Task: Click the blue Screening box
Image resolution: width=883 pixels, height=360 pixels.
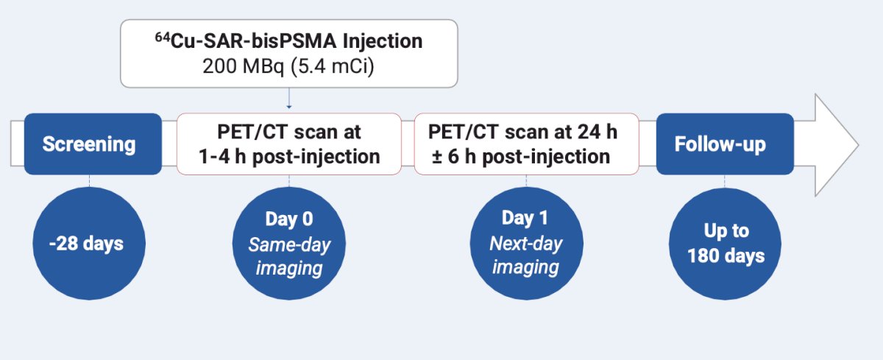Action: pos(93,144)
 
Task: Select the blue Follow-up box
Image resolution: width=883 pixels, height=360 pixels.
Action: pos(725,144)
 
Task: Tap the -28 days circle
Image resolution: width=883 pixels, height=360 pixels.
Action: pos(89,243)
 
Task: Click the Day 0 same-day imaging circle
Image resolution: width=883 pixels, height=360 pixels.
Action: pos(289,243)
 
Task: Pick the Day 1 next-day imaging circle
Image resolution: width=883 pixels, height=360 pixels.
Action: pos(526,243)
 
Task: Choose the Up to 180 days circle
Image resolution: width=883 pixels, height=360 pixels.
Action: pos(725,244)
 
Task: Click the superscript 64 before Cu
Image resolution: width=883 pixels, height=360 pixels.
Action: pos(163,37)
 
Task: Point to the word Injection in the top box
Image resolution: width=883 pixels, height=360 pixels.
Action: pos(383,41)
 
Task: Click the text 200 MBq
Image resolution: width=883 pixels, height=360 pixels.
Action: pos(243,66)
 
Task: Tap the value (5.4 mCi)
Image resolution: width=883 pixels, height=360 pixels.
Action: pos(333,66)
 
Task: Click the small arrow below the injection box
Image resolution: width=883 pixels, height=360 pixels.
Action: pos(289,98)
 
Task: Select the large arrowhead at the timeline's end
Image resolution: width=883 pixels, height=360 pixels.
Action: pos(837,145)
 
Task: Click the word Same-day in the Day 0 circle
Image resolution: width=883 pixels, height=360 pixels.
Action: pos(289,244)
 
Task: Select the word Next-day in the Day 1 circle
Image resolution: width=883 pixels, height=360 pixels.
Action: pos(526,243)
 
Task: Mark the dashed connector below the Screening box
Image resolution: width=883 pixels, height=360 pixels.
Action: pos(90,181)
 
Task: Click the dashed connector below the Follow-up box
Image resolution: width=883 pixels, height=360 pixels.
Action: pos(725,181)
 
